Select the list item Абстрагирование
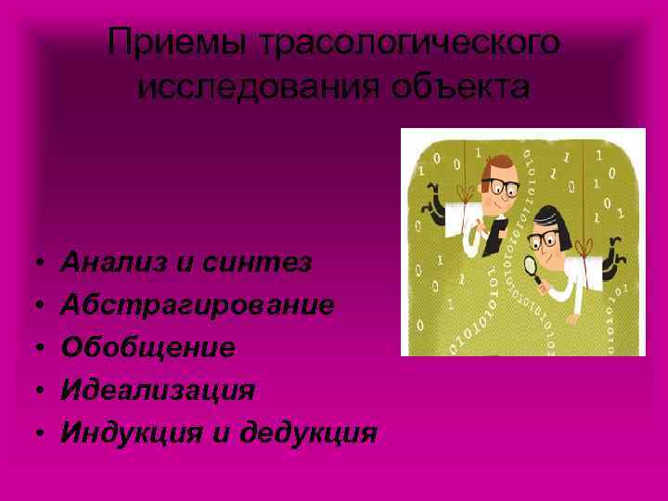[x=198, y=305]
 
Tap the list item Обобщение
[x=148, y=347]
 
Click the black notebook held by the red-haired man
[x=497, y=228]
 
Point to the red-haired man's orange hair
[x=493, y=164]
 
